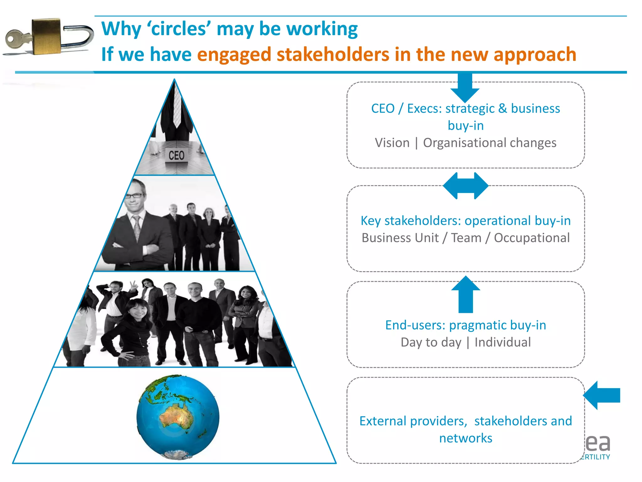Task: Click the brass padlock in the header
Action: pyautogui.click(x=47, y=36)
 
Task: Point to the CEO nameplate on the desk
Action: pyautogui.click(x=176, y=156)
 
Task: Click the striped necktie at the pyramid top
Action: pyautogui.click(x=177, y=107)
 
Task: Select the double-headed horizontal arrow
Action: pyautogui.click(x=466, y=186)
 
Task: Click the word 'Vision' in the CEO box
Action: pyautogui.click(x=392, y=143)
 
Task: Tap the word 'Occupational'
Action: pyautogui.click(x=532, y=238)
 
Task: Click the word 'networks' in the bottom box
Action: pyautogui.click(x=466, y=438)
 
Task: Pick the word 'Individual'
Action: pyautogui.click(x=503, y=342)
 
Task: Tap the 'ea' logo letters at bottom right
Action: pyautogui.click(x=598, y=443)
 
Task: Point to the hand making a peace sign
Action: pyautogui.click(x=134, y=285)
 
